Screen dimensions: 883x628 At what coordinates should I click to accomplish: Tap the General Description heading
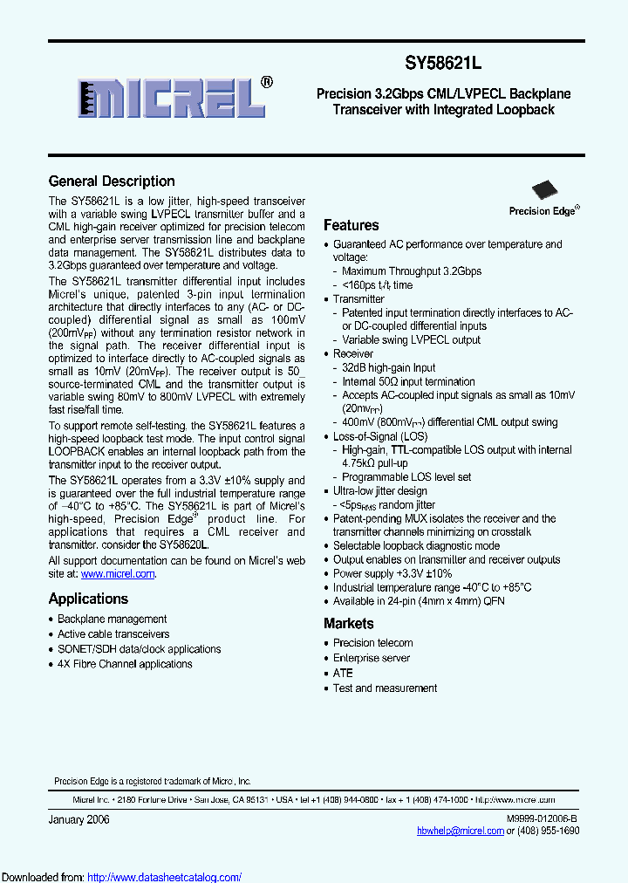point(112,181)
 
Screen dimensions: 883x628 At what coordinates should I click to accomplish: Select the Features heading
point(351,225)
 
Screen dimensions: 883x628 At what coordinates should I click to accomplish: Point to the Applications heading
point(88,599)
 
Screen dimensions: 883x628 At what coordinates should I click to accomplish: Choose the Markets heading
point(348,624)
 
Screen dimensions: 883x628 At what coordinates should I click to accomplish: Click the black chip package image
point(545,189)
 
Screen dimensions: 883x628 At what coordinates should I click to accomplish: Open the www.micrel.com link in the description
point(118,574)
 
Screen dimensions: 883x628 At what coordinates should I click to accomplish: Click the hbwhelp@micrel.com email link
point(461,831)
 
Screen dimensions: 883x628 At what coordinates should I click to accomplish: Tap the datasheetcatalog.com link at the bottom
point(165,877)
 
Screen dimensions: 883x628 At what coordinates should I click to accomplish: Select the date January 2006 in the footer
point(78,819)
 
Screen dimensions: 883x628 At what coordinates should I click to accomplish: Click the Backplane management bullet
point(112,619)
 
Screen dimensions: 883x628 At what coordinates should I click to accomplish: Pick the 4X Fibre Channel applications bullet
point(125,664)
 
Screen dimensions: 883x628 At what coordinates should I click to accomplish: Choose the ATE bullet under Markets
point(343,673)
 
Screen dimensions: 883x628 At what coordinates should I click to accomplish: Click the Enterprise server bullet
point(372,658)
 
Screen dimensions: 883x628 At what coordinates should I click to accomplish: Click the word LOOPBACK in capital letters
point(79,452)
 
